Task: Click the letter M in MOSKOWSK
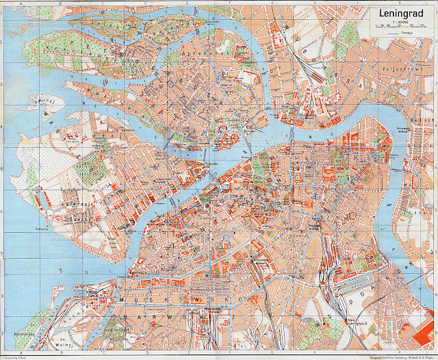click(x=122, y=300)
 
